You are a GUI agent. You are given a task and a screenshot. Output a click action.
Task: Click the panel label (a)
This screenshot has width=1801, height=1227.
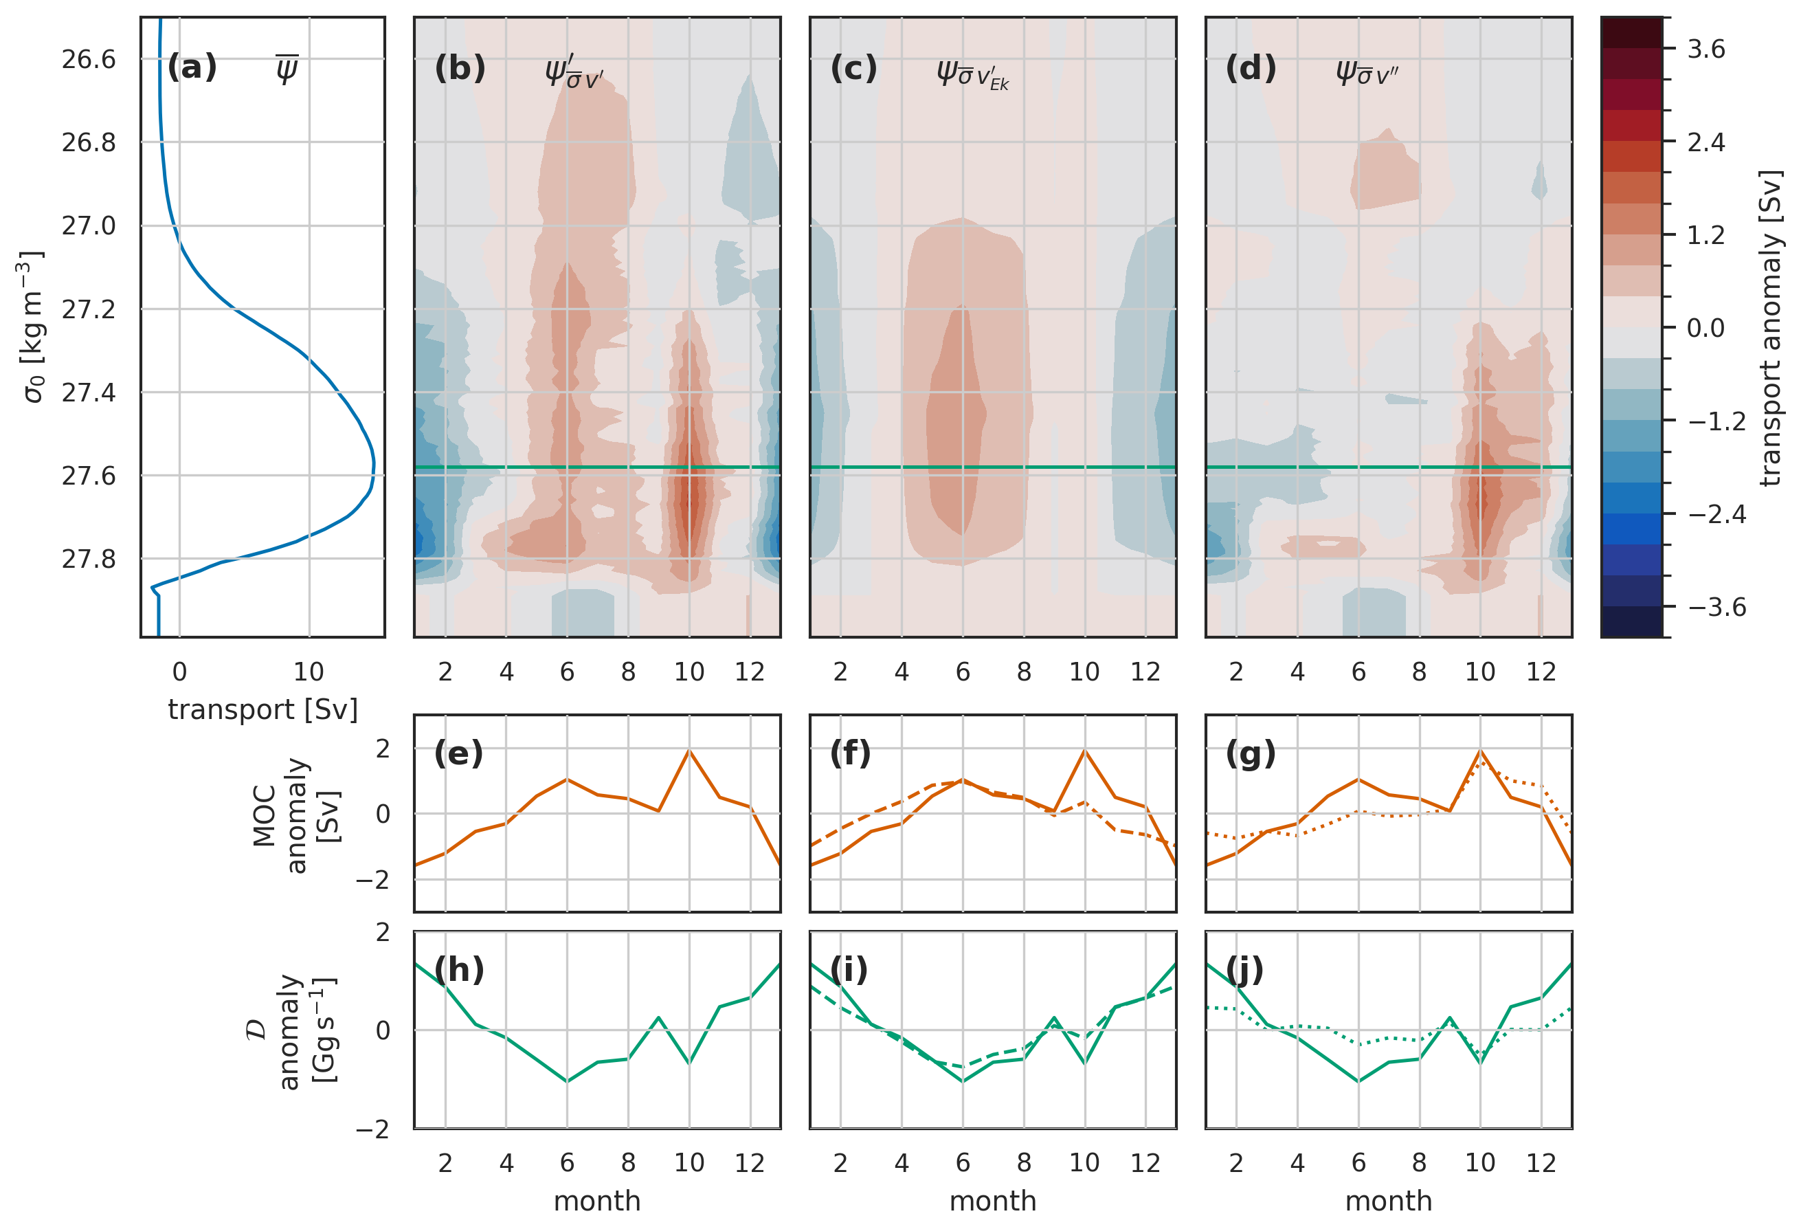pyautogui.click(x=192, y=67)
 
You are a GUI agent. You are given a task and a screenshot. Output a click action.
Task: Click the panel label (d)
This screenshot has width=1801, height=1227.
pyautogui.click(x=1250, y=68)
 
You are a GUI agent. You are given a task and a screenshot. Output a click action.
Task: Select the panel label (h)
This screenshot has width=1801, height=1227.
pyautogui.click(x=459, y=970)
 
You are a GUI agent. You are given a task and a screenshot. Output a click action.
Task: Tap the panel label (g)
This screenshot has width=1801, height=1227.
pyautogui.click(x=1250, y=753)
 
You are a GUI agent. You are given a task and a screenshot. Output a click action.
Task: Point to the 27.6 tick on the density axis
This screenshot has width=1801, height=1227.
pyautogui.click(x=89, y=476)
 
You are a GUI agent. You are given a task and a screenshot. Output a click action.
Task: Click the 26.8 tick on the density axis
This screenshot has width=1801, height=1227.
pyautogui.click(x=89, y=142)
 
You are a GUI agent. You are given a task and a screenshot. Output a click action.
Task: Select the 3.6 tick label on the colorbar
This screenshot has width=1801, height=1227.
pyautogui.click(x=1705, y=49)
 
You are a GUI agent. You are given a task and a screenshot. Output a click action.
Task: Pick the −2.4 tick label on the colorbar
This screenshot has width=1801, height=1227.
pyautogui.click(x=1716, y=515)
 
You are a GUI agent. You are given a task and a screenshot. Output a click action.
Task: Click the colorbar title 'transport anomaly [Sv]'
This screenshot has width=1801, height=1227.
pyautogui.click(x=1771, y=327)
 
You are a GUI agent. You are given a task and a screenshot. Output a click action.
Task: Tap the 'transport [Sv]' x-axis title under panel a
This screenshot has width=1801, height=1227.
pyautogui.click(x=262, y=710)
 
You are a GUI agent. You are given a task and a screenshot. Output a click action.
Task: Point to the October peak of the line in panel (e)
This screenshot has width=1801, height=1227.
pyautogui.click(x=689, y=751)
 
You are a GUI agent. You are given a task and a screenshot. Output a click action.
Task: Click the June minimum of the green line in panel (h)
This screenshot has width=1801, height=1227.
pyautogui.click(x=568, y=1081)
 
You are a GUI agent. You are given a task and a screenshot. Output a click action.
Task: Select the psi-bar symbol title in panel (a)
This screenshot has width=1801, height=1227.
pyautogui.click(x=287, y=69)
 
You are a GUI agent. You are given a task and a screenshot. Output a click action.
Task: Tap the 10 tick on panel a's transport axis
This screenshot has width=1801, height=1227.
pyautogui.click(x=309, y=672)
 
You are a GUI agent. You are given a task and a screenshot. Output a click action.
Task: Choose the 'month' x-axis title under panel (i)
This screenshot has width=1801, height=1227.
pyautogui.click(x=993, y=1201)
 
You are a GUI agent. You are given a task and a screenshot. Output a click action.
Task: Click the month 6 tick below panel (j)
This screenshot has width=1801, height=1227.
pyautogui.click(x=1358, y=1162)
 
